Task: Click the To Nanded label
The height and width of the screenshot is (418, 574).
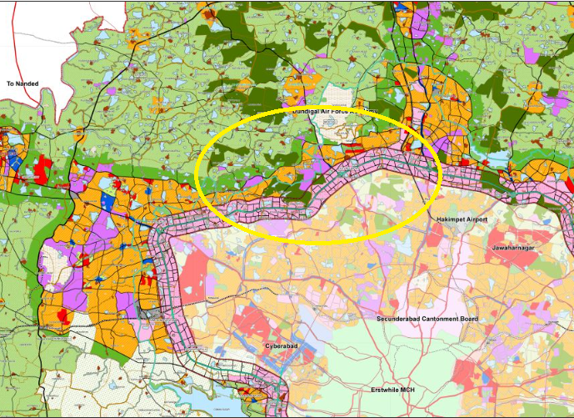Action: coord(23,84)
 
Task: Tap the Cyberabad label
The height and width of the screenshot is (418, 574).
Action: coord(282,344)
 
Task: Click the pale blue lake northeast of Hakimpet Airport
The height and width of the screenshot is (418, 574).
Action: coord(498,159)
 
